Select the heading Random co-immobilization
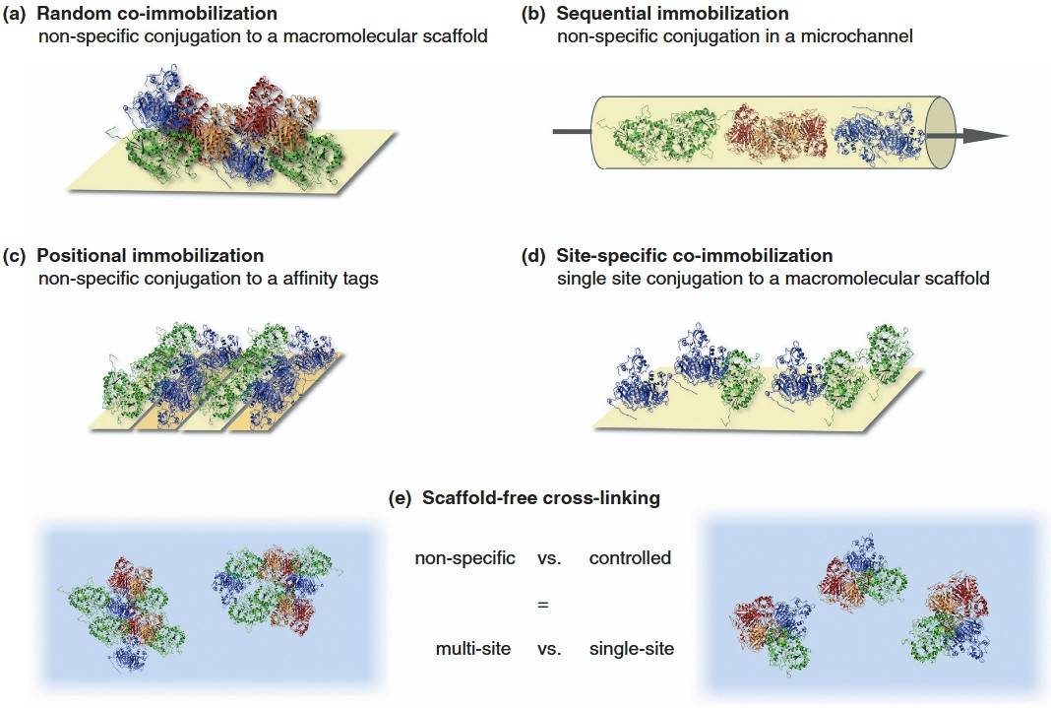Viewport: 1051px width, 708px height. (156, 15)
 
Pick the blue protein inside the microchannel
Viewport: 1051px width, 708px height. (876, 134)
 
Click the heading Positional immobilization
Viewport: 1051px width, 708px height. (150, 256)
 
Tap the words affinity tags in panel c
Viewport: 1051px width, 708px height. (331, 279)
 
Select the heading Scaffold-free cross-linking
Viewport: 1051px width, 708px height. (540, 498)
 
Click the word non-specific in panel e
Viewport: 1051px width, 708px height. (464, 558)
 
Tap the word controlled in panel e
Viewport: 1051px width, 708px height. (630, 558)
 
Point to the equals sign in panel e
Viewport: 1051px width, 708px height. (542, 604)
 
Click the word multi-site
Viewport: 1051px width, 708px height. (472, 649)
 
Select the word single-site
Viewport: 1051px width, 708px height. (631, 649)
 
